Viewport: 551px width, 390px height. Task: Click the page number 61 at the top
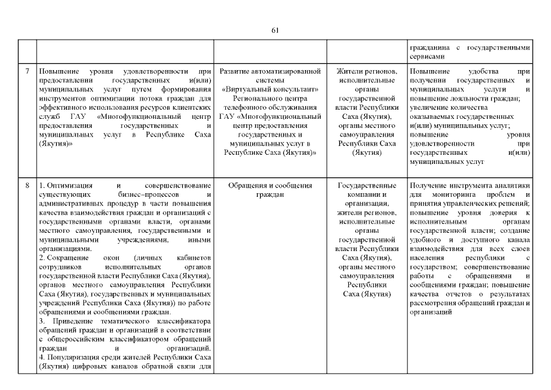pos(275,30)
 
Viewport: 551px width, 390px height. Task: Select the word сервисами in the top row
pos(429,56)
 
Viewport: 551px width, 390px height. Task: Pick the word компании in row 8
pos(367,194)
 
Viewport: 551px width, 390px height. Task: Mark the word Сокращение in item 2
pos(64,258)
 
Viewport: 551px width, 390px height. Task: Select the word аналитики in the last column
pos(511,185)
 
